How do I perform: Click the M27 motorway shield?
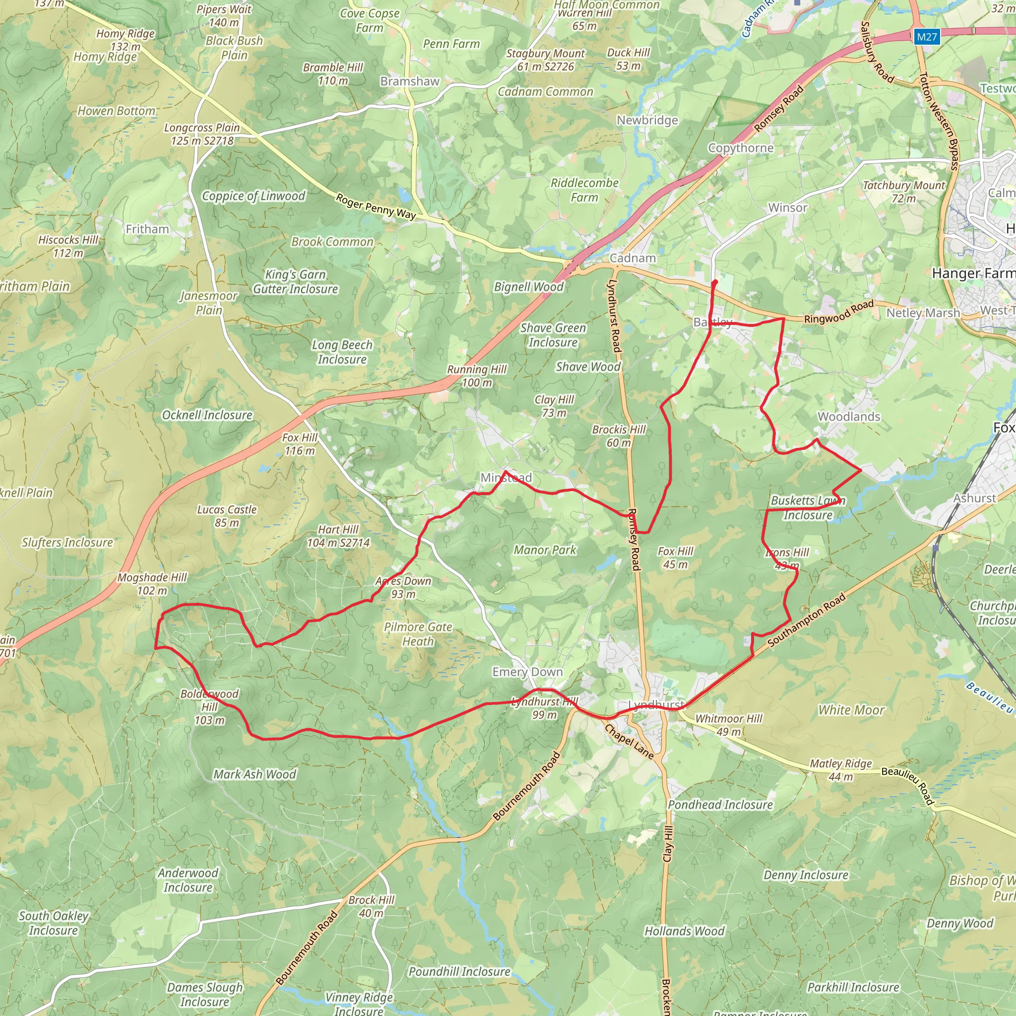(927, 37)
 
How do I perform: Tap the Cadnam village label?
(633, 258)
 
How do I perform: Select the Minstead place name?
(506, 478)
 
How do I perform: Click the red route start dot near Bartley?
(715, 283)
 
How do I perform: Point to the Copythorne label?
(741, 148)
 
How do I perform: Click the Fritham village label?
(147, 229)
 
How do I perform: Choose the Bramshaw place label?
(410, 81)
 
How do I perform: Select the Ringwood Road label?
(839, 312)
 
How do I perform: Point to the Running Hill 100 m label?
(477, 376)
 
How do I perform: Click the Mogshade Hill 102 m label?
(152, 584)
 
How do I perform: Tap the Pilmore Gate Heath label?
(418, 634)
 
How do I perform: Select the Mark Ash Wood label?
(254, 774)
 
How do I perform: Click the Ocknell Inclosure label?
(207, 415)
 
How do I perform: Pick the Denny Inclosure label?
(806, 875)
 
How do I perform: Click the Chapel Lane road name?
(629, 742)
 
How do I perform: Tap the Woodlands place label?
(848, 417)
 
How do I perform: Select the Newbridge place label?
(647, 120)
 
